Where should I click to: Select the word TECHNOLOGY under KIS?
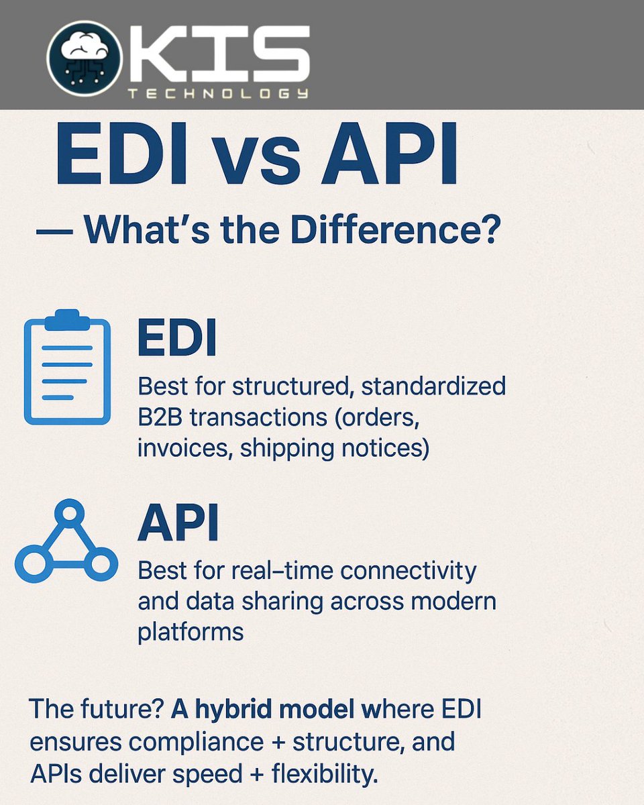[x=218, y=94]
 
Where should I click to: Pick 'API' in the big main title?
[x=389, y=156]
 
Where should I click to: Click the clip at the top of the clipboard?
[x=67, y=319]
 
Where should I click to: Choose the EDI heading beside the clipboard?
[x=177, y=339]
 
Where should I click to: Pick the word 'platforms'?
[x=191, y=632]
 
